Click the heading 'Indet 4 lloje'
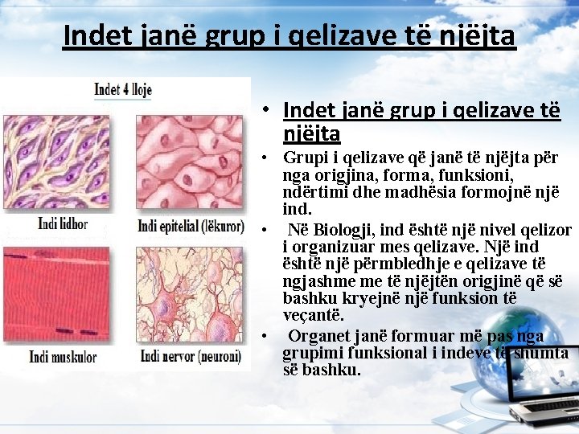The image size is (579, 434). click(123, 89)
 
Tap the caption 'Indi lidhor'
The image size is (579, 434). click(63, 223)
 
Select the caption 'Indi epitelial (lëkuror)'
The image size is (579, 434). click(191, 226)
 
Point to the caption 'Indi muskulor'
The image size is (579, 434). click(63, 356)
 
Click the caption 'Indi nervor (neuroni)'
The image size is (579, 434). click(190, 355)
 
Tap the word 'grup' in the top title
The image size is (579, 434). click(232, 36)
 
